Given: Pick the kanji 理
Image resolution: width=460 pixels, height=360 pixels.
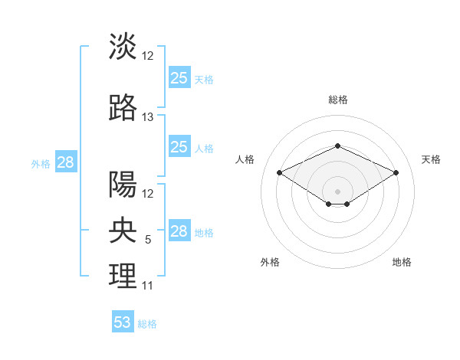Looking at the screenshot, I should [x=123, y=276].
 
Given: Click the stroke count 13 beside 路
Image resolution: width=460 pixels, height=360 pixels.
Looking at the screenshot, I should [x=148, y=117].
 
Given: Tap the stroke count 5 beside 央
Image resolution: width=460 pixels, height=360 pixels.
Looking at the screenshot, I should [x=148, y=240].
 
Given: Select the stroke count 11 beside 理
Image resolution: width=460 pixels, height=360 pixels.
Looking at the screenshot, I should [x=148, y=286].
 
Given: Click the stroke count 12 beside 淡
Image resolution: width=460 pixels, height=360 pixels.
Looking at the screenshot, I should [x=148, y=56].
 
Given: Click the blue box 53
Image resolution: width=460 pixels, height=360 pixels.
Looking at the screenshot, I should [x=123, y=322].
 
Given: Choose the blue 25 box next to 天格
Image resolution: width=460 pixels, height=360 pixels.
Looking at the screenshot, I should [x=179, y=77].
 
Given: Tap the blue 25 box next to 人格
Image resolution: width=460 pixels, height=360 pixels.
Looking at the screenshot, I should [x=179, y=147].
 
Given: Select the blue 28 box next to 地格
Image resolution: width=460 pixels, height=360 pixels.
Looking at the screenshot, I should [x=179, y=231].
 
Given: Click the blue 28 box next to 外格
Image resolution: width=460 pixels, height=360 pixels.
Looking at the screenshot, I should [x=65, y=162].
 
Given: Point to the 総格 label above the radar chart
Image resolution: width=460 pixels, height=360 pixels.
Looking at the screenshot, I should [x=337, y=100].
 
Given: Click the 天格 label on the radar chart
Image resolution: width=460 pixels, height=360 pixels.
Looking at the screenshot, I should [x=431, y=159].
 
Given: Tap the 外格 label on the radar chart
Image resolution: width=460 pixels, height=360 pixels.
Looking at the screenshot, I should [x=270, y=263].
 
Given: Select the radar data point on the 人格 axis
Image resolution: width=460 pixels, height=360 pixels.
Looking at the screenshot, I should [x=280, y=172].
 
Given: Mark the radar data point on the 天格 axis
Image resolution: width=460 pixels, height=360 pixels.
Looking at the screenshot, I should [x=396, y=172].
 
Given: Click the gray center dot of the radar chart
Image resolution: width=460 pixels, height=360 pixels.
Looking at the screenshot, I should [x=337, y=191].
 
